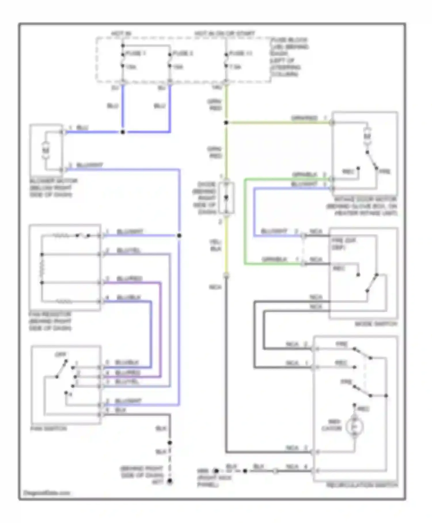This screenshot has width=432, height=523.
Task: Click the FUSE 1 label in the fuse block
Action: [x=136, y=53]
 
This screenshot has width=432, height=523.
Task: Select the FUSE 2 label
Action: [x=183, y=53]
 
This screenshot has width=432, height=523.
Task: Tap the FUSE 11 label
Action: [x=241, y=53]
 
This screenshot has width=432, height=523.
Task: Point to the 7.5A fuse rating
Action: [x=235, y=67]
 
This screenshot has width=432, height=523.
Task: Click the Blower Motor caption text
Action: [x=53, y=188]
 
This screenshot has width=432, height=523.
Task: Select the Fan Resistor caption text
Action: [x=50, y=321]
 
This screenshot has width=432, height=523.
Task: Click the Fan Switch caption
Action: [x=48, y=429]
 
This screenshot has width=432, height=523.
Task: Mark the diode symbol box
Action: [x=226, y=198]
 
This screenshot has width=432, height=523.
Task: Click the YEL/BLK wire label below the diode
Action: [x=216, y=245]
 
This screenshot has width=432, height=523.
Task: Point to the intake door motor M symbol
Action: [x=367, y=136]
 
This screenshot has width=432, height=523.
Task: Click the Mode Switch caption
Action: [x=376, y=324]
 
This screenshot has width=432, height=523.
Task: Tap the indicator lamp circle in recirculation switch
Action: [x=355, y=427]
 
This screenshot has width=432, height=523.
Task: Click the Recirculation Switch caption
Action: [x=362, y=485]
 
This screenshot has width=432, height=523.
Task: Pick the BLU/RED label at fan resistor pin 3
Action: [x=129, y=279]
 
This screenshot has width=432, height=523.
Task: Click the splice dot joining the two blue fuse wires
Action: [x=123, y=132]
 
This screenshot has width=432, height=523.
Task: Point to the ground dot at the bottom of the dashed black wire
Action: [x=170, y=481]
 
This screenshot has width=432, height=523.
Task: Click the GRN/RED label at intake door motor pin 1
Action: [x=305, y=118]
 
